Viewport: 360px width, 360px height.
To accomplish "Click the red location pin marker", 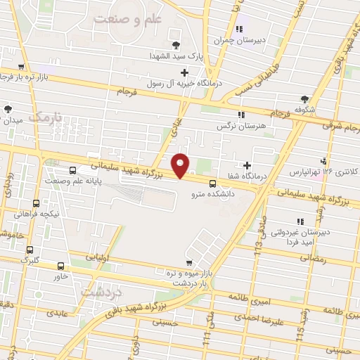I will click(x=181, y=165).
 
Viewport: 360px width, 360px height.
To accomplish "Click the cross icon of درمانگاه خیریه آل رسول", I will click(x=185, y=72).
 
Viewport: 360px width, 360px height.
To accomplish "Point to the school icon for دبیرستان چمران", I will click(x=240, y=29).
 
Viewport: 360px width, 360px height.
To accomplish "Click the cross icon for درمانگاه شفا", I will click(x=247, y=165).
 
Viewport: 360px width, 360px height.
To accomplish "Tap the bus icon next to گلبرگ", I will click(x=29, y=250).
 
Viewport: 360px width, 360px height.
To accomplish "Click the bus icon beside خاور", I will click(x=60, y=266).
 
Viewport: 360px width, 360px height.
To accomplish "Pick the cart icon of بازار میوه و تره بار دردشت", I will click(x=187, y=262).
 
